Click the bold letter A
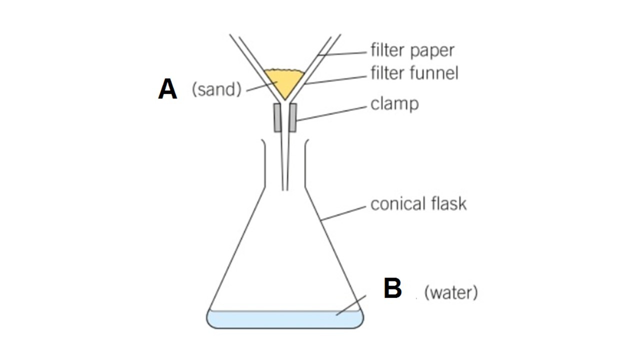click(167, 89)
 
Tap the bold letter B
click(392, 289)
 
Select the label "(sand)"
click(216, 89)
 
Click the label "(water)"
click(450, 292)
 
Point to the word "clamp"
click(394, 104)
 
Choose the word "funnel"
click(434, 73)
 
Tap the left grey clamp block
click(277, 117)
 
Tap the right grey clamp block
click(292, 117)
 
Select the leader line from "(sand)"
click(259, 87)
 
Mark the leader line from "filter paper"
click(345, 53)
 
